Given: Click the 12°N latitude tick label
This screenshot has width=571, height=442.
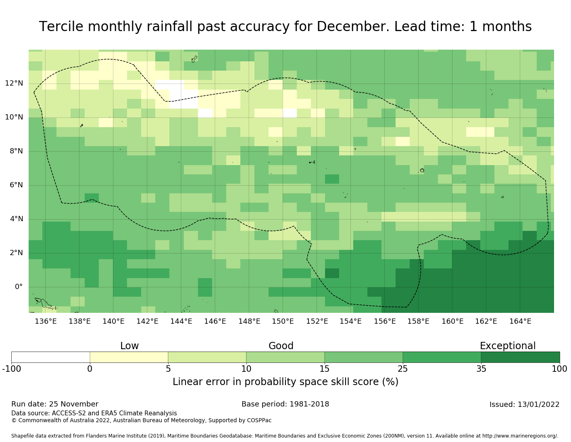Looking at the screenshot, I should pyautogui.click(x=14, y=84).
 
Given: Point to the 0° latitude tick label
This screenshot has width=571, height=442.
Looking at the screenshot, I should pyautogui.click(x=19, y=287).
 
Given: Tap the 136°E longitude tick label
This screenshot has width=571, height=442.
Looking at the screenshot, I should pyautogui.click(x=46, y=321).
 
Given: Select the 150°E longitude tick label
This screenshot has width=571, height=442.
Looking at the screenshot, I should pyautogui.click(x=283, y=321).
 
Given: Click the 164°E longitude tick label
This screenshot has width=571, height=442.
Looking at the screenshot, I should pyautogui.click(x=520, y=321).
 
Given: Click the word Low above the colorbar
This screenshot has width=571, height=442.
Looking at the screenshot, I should pyautogui.click(x=129, y=346).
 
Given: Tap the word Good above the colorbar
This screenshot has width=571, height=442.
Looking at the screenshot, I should pyautogui.click(x=281, y=346).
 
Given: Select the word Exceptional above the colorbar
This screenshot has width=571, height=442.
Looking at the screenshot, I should pyautogui.click(x=507, y=346).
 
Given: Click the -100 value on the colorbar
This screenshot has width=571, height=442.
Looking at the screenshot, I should pyautogui.click(x=11, y=369).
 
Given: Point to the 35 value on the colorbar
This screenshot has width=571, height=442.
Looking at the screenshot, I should pyautogui.click(x=481, y=369).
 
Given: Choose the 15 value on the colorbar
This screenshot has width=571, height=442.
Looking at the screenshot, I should pyautogui.click(x=325, y=369).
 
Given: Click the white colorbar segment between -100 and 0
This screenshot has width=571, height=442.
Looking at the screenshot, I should pyautogui.click(x=50, y=357).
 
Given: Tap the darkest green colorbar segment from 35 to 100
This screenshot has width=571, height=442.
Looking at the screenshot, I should pyautogui.click(x=520, y=357).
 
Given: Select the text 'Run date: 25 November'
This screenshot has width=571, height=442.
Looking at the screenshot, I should pyautogui.click(x=55, y=404).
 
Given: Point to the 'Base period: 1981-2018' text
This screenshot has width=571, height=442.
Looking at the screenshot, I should pyautogui.click(x=285, y=404).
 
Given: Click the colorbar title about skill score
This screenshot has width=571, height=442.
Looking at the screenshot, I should pyautogui.click(x=285, y=382).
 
